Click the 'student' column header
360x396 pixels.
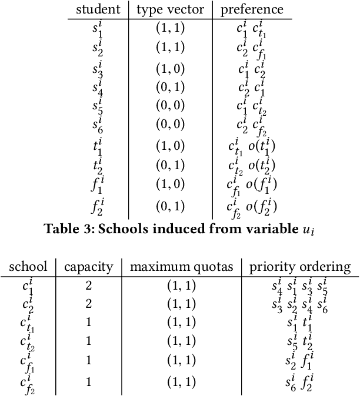point(99,9)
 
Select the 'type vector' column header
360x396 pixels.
point(170,9)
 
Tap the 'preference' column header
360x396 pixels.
point(252,9)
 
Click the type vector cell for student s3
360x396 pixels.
point(170,68)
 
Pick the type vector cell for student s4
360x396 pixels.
point(170,88)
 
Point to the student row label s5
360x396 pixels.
point(98,107)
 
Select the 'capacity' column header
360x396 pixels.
point(88,267)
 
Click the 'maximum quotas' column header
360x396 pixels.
point(181,267)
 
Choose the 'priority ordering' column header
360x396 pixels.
point(300,267)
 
